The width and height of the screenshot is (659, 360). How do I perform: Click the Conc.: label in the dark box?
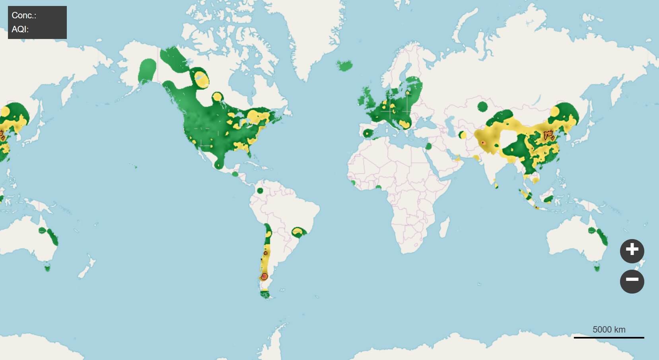(24, 16)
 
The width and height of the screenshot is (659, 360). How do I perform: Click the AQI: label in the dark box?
(20, 29)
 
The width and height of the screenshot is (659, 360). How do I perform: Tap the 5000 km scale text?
(608, 329)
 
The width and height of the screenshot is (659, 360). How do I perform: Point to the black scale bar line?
(608, 338)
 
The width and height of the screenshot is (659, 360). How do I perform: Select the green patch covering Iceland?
(345, 65)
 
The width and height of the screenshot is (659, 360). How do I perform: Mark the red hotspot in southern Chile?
(264, 276)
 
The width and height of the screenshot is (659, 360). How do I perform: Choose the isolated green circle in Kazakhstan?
(482, 106)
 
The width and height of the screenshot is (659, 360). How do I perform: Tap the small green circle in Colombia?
(260, 191)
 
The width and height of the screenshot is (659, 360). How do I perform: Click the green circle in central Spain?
(367, 133)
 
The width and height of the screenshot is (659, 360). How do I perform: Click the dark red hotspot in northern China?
(549, 135)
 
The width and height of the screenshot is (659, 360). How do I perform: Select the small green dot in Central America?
(235, 174)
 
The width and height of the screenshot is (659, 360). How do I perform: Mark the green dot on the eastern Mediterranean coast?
(428, 146)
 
